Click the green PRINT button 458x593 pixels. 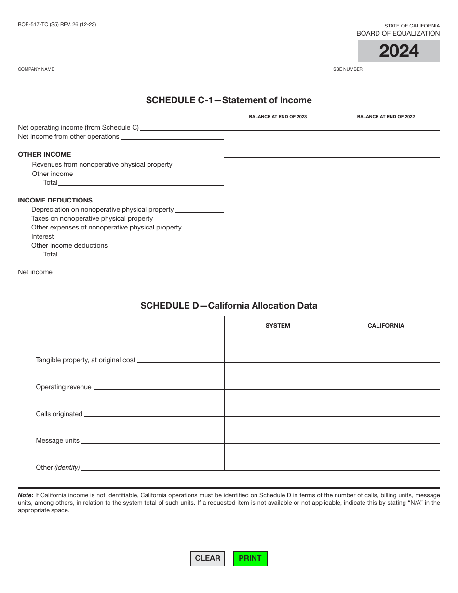pyautogui.click(x=250, y=558)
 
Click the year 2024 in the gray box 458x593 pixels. pyautogui.click(x=399, y=51)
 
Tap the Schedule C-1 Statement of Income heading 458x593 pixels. pyautogui.click(x=229, y=100)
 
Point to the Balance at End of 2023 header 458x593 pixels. pyautogui.click(x=278, y=117)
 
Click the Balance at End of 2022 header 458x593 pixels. pyautogui.click(x=386, y=117)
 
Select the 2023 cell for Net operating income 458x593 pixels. pyautogui.click(x=278, y=126)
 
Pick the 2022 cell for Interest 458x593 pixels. pyautogui.click(x=386, y=235)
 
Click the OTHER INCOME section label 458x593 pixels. pyautogui.click(x=44, y=154)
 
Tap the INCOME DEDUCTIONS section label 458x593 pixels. pyautogui.click(x=55, y=200)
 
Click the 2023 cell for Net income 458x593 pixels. pyautogui.click(x=278, y=266)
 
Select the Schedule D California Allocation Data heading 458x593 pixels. pyautogui.click(x=229, y=306)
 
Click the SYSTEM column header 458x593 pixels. pyautogui.click(x=278, y=326)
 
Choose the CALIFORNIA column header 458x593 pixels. pyautogui.click(x=386, y=326)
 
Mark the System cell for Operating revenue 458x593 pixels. pyautogui.click(x=278, y=376)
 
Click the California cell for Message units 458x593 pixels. pyautogui.click(x=386, y=430)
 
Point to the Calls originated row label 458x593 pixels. pyautogui.click(x=59, y=414)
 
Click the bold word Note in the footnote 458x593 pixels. pyautogui.click(x=25, y=495)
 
